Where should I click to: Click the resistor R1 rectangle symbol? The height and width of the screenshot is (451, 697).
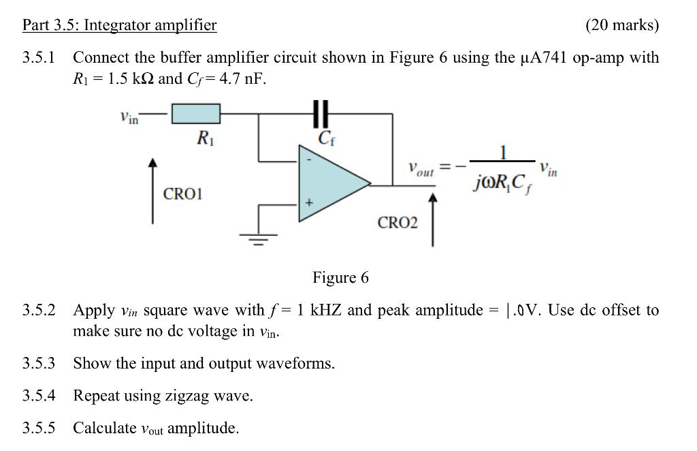195,114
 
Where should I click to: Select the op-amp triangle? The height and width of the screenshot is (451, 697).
329,183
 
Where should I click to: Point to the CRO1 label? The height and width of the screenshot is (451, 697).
183,194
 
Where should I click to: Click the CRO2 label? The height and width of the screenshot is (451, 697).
398,223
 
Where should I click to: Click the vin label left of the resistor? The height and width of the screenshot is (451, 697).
129,118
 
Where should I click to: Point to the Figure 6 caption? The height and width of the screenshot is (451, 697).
340,277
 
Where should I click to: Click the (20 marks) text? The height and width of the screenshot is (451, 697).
622,26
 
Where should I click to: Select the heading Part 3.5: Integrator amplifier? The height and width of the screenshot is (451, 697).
119,26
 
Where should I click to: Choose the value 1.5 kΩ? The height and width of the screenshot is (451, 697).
128,78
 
